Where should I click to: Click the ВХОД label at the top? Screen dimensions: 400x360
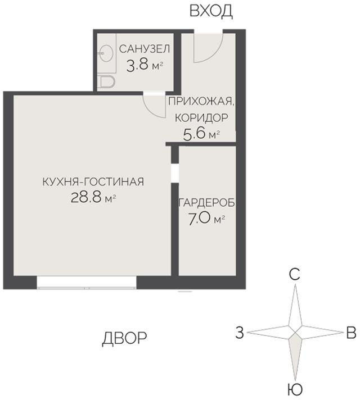[211, 11]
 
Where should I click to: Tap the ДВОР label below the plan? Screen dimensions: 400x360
[125, 338]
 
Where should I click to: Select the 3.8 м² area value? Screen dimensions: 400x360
[144, 64]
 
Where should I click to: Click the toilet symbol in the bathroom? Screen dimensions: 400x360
[106, 82]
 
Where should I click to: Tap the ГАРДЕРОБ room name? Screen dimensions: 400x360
[206, 202]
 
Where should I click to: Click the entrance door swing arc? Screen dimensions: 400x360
[208, 48]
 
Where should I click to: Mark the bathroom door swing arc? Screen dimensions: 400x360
[152, 103]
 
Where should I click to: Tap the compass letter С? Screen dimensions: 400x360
[294, 275]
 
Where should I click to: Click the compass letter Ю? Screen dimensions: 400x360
[294, 389]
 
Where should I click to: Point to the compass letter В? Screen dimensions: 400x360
[350, 333]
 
